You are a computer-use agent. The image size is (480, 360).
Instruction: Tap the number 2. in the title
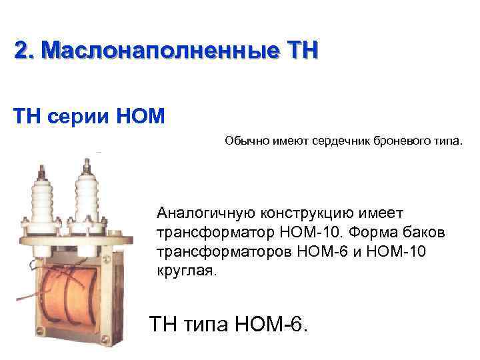click(26, 50)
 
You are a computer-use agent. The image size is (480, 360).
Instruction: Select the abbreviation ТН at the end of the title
click(303, 50)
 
